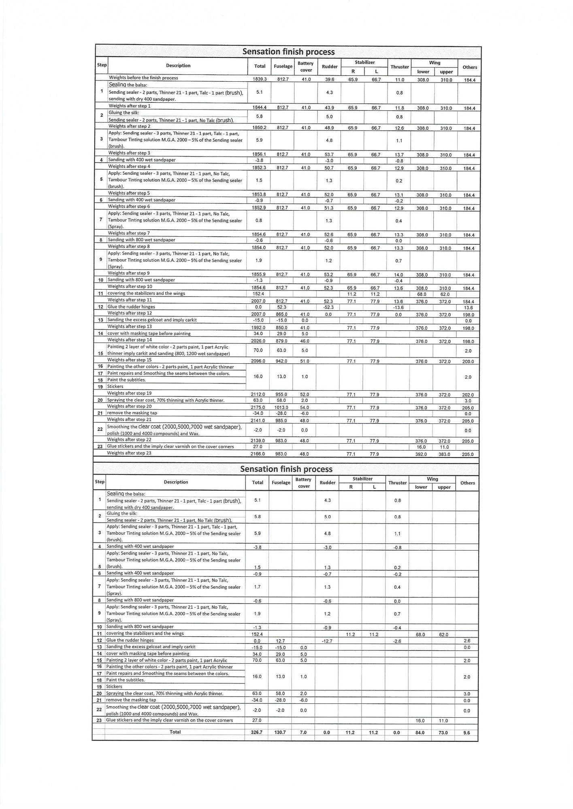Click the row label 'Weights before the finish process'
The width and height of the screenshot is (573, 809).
(x=143, y=78)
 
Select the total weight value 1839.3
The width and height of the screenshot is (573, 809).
(x=260, y=79)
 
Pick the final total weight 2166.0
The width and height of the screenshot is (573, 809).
(x=258, y=454)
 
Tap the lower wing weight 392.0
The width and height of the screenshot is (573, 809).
(x=421, y=454)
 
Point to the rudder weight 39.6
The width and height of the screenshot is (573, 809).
(x=329, y=79)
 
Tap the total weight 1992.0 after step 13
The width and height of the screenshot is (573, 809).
(x=258, y=328)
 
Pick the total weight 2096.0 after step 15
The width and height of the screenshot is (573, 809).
(x=258, y=361)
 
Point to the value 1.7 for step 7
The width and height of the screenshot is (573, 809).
(x=257, y=587)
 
